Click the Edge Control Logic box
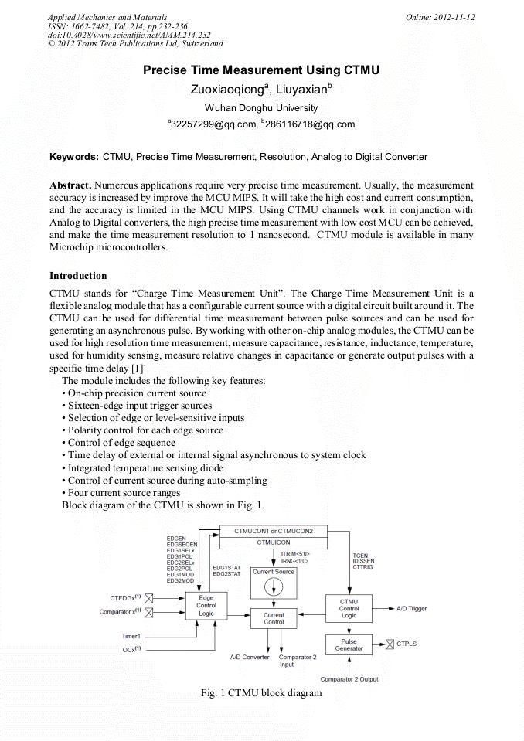click(x=206, y=605)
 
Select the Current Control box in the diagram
click(x=274, y=618)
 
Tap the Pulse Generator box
click(x=349, y=644)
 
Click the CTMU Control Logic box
click(x=349, y=608)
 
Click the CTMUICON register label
click(x=273, y=543)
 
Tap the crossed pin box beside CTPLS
click(x=390, y=643)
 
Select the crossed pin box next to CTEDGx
click(x=149, y=598)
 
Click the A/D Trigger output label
click(x=412, y=609)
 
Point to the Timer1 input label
click(x=131, y=636)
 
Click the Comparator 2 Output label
click(x=349, y=679)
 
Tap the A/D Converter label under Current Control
click(x=250, y=658)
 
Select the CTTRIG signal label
click(x=363, y=567)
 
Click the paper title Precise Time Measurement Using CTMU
click(x=261, y=70)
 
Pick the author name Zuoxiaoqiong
click(x=221, y=89)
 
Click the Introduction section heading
click(x=78, y=276)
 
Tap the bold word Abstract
click(x=70, y=185)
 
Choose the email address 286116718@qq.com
click(x=310, y=124)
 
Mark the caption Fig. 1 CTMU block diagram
click(x=261, y=693)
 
